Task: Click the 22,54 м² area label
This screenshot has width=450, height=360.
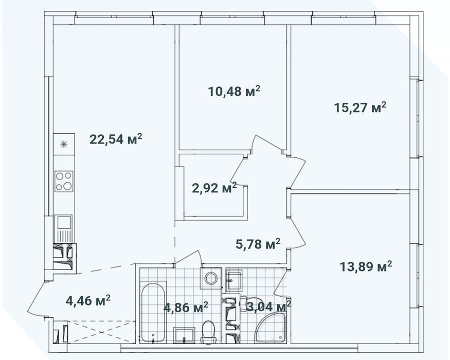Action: pos(116,139)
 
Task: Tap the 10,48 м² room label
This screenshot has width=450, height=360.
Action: pos(234,92)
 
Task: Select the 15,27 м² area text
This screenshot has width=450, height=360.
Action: pos(360,107)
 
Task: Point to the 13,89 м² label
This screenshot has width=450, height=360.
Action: pos(366,266)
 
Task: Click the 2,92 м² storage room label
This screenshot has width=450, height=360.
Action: pos(214,188)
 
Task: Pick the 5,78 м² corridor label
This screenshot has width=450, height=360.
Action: pos(258,244)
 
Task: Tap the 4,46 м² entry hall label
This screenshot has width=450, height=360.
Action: pos(88,300)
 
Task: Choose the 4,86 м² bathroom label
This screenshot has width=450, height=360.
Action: pos(186,308)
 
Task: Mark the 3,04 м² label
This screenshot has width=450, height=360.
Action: pos(268,307)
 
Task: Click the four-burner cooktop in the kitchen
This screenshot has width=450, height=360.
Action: pos(64,181)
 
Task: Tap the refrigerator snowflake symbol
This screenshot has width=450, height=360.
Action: pos(64,144)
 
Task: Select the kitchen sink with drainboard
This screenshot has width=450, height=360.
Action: pos(64,229)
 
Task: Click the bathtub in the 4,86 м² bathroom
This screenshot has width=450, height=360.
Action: pos(153,313)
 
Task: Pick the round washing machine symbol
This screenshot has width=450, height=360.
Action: pos(211,278)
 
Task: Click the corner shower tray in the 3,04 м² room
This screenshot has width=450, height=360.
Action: pos(270,327)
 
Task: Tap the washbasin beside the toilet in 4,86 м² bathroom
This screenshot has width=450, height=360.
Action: pos(184,335)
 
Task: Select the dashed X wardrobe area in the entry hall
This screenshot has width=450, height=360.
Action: pos(102,332)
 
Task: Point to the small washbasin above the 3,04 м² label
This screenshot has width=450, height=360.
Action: pos(234,280)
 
